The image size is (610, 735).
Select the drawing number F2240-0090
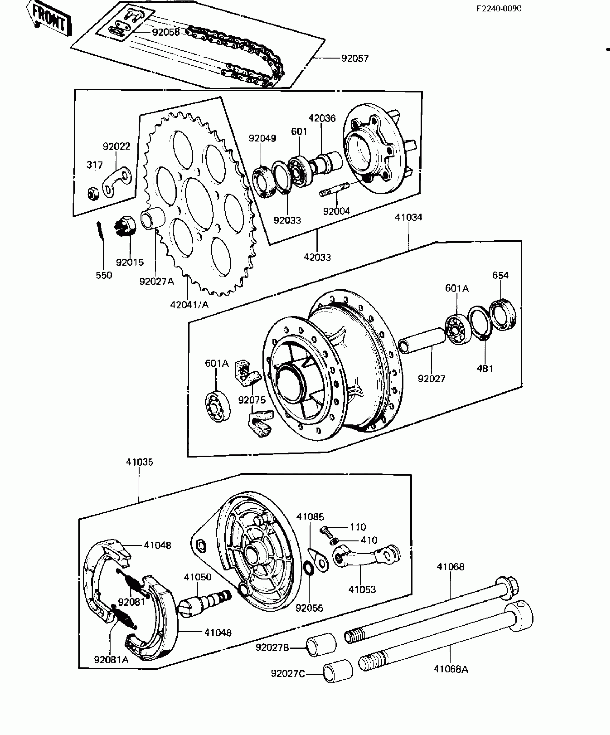[x=499, y=9]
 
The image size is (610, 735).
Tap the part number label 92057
[x=355, y=58]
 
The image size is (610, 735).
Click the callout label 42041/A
[x=189, y=305]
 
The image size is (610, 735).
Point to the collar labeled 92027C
[x=337, y=674]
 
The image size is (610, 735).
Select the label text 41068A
[x=451, y=669]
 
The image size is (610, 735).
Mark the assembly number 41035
[x=139, y=462]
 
